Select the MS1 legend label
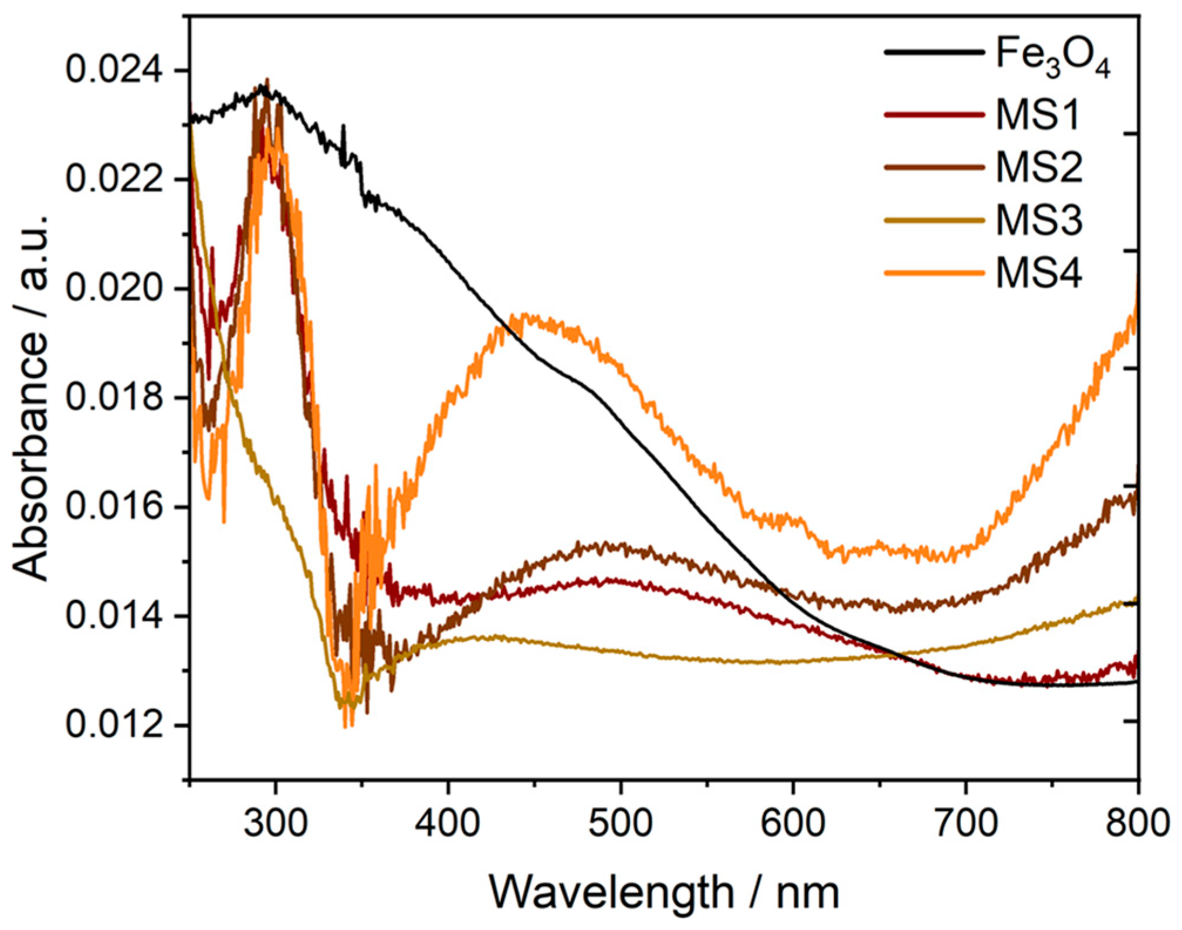click(x=1038, y=114)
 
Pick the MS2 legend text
click(x=1039, y=167)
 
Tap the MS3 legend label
click(x=1039, y=220)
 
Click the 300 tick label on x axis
click(x=275, y=823)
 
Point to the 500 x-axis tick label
click(x=620, y=823)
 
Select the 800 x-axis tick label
click(x=1137, y=823)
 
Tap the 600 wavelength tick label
click(x=792, y=823)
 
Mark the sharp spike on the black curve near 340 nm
click(x=343, y=127)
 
